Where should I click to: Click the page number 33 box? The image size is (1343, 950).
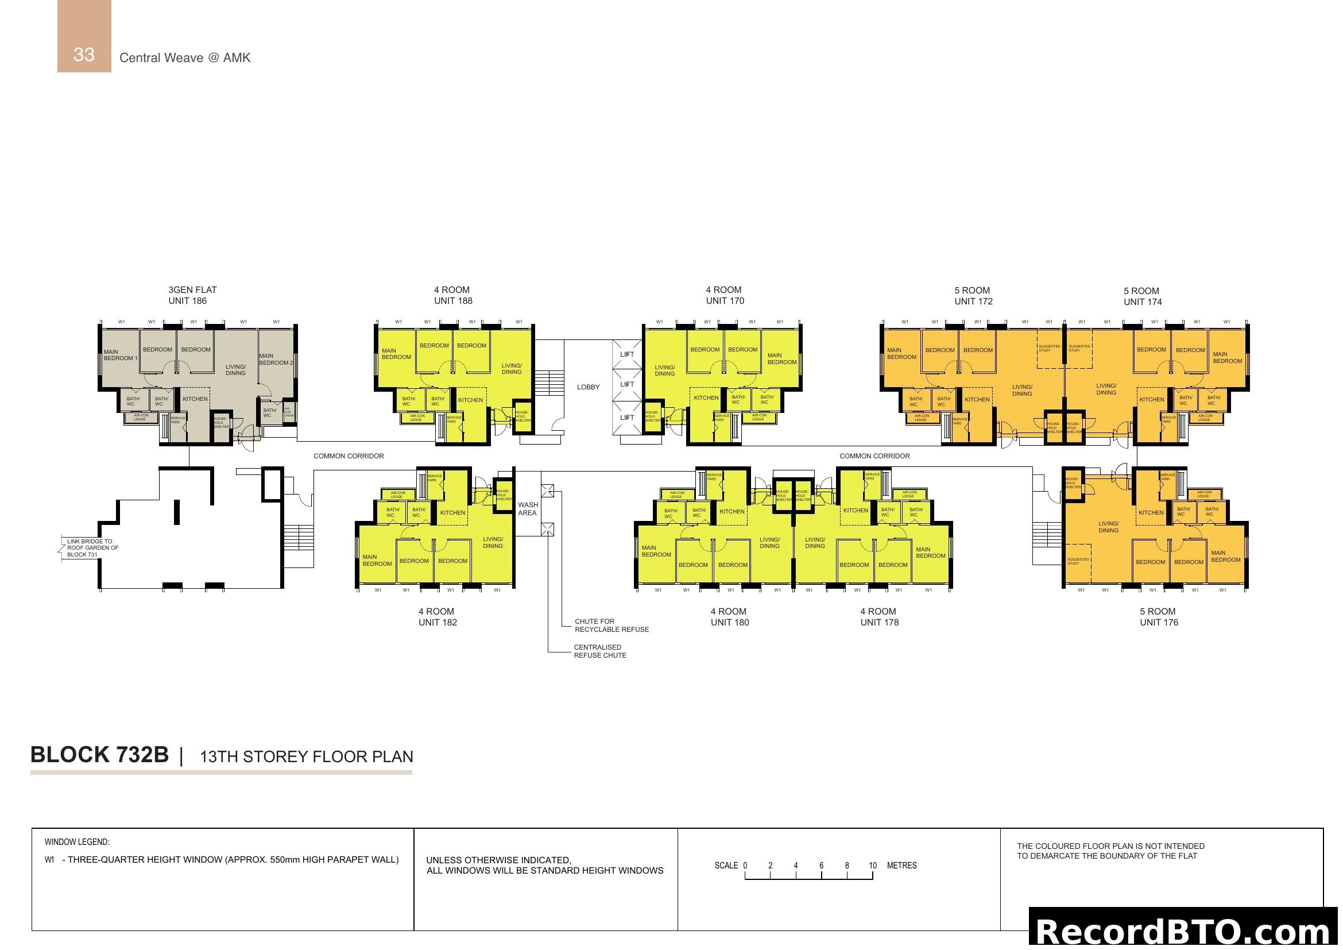pyautogui.click(x=84, y=54)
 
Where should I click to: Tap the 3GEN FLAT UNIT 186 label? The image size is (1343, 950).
pyautogui.click(x=192, y=295)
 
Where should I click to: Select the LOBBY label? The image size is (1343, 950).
pyautogui.click(x=588, y=387)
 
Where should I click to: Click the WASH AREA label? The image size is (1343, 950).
pyautogui.click(x=527, y=508)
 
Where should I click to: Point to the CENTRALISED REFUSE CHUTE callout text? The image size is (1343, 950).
pyautogui.click(x=599, y=651)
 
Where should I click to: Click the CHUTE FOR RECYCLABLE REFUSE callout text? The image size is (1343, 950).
pyautogui.click(x=611, y=625)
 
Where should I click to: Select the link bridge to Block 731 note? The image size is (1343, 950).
pyautogui.click(x=92, y=547)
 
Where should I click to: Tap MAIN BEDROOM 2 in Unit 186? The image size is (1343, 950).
pyautogui.click(x=276, y=358)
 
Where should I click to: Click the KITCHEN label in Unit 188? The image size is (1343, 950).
pyautogui.click(x=470, y=400)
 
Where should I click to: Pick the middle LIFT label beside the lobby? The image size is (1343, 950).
pyautogui.click(x=627, y=384)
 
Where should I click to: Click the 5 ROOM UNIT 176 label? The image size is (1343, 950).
pyautogui.click(x=1158, y=616)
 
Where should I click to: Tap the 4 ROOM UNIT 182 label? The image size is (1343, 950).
pyautogui.click(x=437, y=616)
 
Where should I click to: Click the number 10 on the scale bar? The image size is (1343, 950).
pyautogui.click(x=872, y=865)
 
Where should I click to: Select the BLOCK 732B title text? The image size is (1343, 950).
pyautogui.click(x=99, y=755)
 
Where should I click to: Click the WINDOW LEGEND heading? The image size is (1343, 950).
pyautogui.click(x=76, y=842)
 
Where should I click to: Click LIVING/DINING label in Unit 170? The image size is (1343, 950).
pyautogui.click(x=664, y=370)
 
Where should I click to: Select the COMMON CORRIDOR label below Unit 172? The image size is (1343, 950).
pyautogui.click(x=874, y=455)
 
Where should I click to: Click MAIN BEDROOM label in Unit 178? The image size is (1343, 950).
pyautogui.click(x=930, y=552)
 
